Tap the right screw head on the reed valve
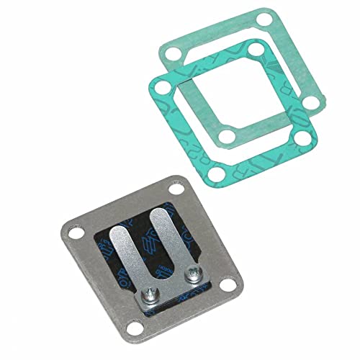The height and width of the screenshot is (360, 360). [x=193, y=274]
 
